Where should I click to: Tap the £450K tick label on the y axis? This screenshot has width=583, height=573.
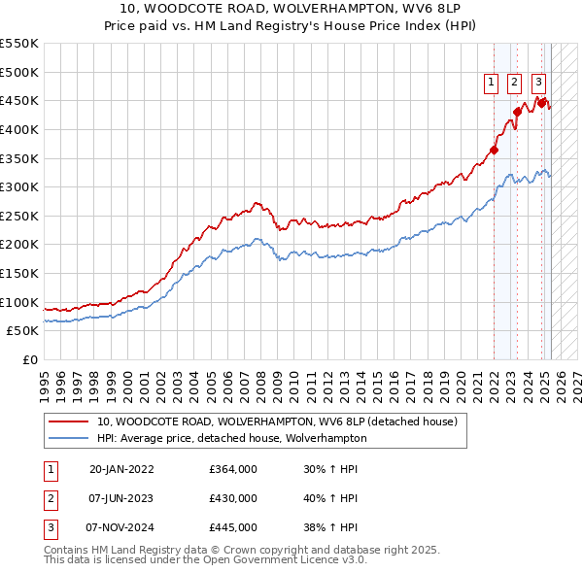point(19,100)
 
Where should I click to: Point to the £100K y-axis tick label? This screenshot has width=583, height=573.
point(19,302)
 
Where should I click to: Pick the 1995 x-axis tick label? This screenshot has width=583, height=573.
point(45,378)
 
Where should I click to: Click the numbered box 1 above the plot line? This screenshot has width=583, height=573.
point(492,84)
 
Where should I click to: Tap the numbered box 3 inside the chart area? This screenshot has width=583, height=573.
point(539,84)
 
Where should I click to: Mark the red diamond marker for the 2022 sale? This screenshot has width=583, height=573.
point(495,150)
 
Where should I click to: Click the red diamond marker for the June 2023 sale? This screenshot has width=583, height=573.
point(518,112)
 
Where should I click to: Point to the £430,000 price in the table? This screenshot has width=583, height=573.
point(233,498)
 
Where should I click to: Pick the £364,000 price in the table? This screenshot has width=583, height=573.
point(233,469)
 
